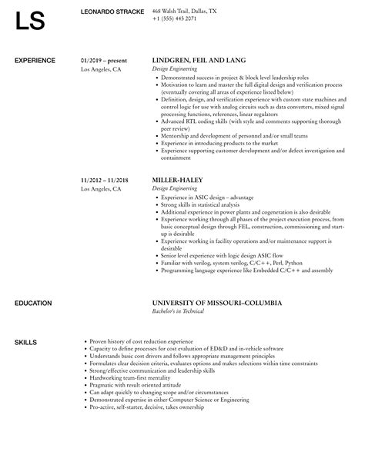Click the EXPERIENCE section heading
click(36, 60)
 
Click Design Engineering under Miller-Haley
click(178, 188)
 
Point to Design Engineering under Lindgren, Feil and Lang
click(178, 68)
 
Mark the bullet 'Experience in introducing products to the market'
click(219, 144)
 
